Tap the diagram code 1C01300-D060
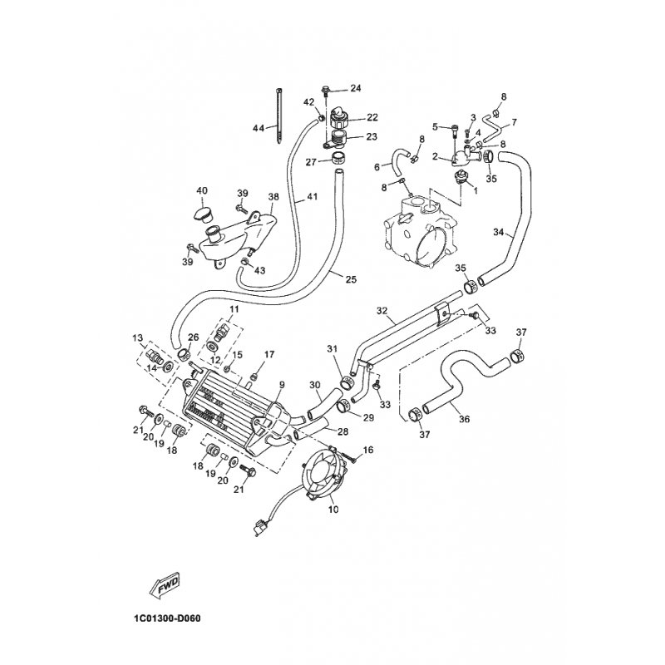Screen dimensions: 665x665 point(167,618)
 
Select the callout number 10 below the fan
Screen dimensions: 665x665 point(334,510)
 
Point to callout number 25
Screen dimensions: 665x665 point(351,279)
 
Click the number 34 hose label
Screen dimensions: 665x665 point(499,232)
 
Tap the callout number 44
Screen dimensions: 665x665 point(259,128)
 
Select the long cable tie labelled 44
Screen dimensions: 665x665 point(278,116)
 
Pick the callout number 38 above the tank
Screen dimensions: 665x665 point(273,197)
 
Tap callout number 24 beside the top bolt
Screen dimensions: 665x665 point(356,88)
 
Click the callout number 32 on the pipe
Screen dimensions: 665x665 point(382,311)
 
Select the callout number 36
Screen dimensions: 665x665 point(465,419)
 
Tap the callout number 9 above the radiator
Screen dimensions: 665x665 point(282,385)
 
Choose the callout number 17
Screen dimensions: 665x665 point(269,354)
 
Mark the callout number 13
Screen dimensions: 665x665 point(138,337)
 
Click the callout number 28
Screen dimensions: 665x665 point(342,431)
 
